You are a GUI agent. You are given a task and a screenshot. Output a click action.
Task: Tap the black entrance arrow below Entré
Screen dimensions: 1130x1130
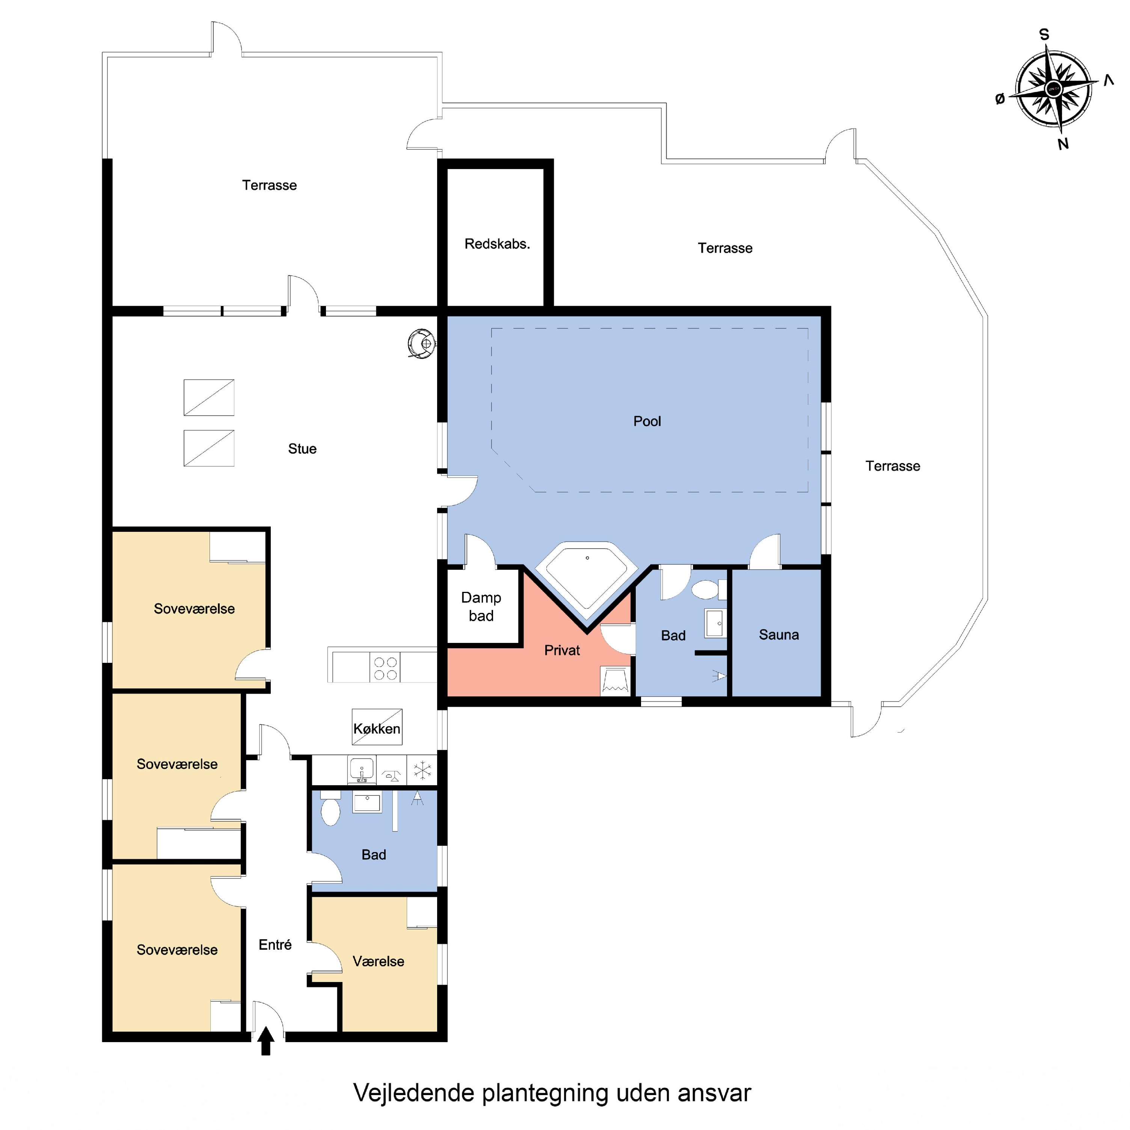pos(266,1041)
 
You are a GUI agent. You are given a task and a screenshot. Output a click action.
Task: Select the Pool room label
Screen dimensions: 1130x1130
pos(647,421)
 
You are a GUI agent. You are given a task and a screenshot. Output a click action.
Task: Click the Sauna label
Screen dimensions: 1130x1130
pos(778,635)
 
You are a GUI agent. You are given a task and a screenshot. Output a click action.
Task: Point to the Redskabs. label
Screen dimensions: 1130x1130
pos(497,244)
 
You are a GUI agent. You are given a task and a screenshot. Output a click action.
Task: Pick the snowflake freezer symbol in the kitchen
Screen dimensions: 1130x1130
pos(422,770)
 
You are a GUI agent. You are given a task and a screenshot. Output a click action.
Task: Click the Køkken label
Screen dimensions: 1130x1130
pos(377,729)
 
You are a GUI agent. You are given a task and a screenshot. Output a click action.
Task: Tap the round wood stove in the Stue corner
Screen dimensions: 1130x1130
pos(422,344)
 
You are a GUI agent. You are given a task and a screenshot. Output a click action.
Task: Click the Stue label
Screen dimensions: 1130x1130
pos(302,449)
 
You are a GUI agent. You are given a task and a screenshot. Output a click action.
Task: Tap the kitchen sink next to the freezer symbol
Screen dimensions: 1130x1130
pos(362,770)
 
